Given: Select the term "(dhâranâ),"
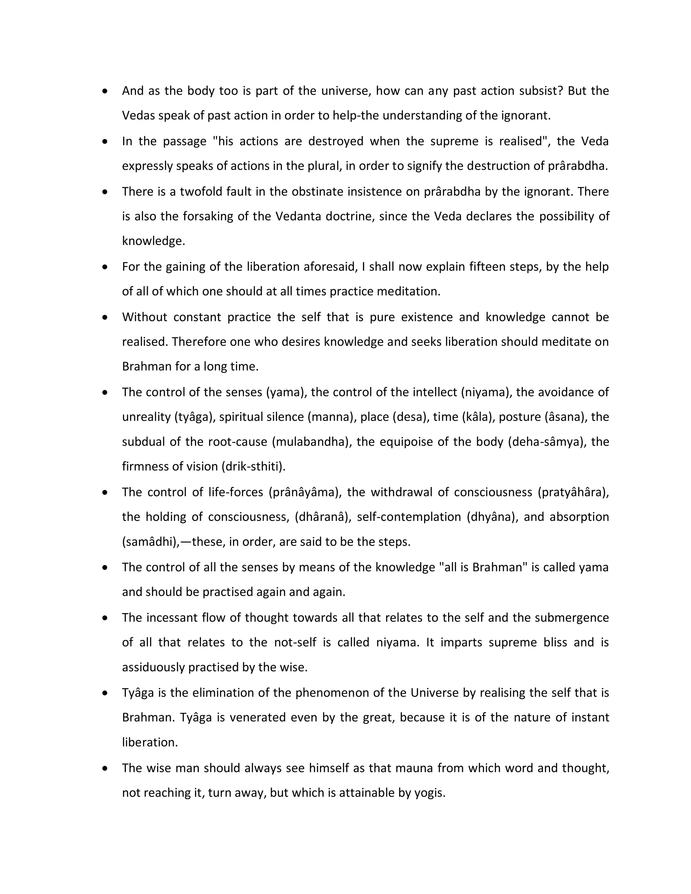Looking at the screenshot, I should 323,517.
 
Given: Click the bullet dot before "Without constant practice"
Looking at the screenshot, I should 105,317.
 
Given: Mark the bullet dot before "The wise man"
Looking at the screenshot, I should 105,768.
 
